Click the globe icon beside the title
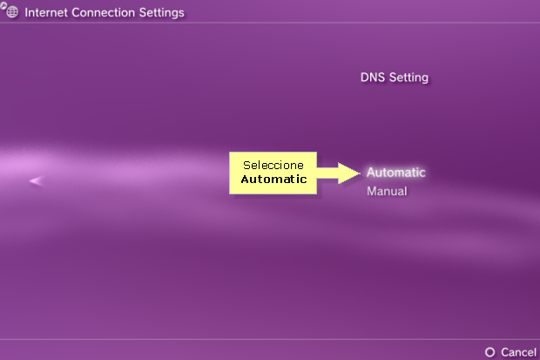coord(12,11)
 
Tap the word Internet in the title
coord(46,12)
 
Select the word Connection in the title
coord(104,12)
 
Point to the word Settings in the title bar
coord(161,13)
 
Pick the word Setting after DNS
coord(408,78)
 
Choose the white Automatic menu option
coord(396,173)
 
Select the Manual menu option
coord(387,191)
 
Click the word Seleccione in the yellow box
coord(273,165)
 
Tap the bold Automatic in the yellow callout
coord(273,179)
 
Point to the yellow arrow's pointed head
coord(361,173)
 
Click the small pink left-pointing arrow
coord(37,180)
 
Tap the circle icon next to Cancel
coord(489,352)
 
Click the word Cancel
coord(518,352)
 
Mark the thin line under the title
coord(270,24)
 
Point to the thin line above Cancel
coord(270,339)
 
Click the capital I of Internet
coord(26,12)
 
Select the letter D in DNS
coord(364,78)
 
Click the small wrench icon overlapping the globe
coord(3,5)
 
